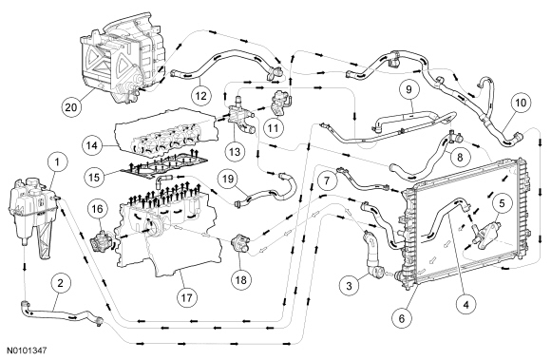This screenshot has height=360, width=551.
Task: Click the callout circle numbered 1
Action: (57, 162)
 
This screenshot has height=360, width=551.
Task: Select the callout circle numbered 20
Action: (71, 106)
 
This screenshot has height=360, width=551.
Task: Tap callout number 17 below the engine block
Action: (186, 298)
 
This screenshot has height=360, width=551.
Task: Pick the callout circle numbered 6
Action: (402, 318)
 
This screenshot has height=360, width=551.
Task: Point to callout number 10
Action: (521, 103)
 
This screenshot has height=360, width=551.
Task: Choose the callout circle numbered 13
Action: (235, 151)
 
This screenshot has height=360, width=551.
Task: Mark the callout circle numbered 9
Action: (408, 89)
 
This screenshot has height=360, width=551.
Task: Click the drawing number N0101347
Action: (27, 351)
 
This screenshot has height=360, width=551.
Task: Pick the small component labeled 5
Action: (486, 232)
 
